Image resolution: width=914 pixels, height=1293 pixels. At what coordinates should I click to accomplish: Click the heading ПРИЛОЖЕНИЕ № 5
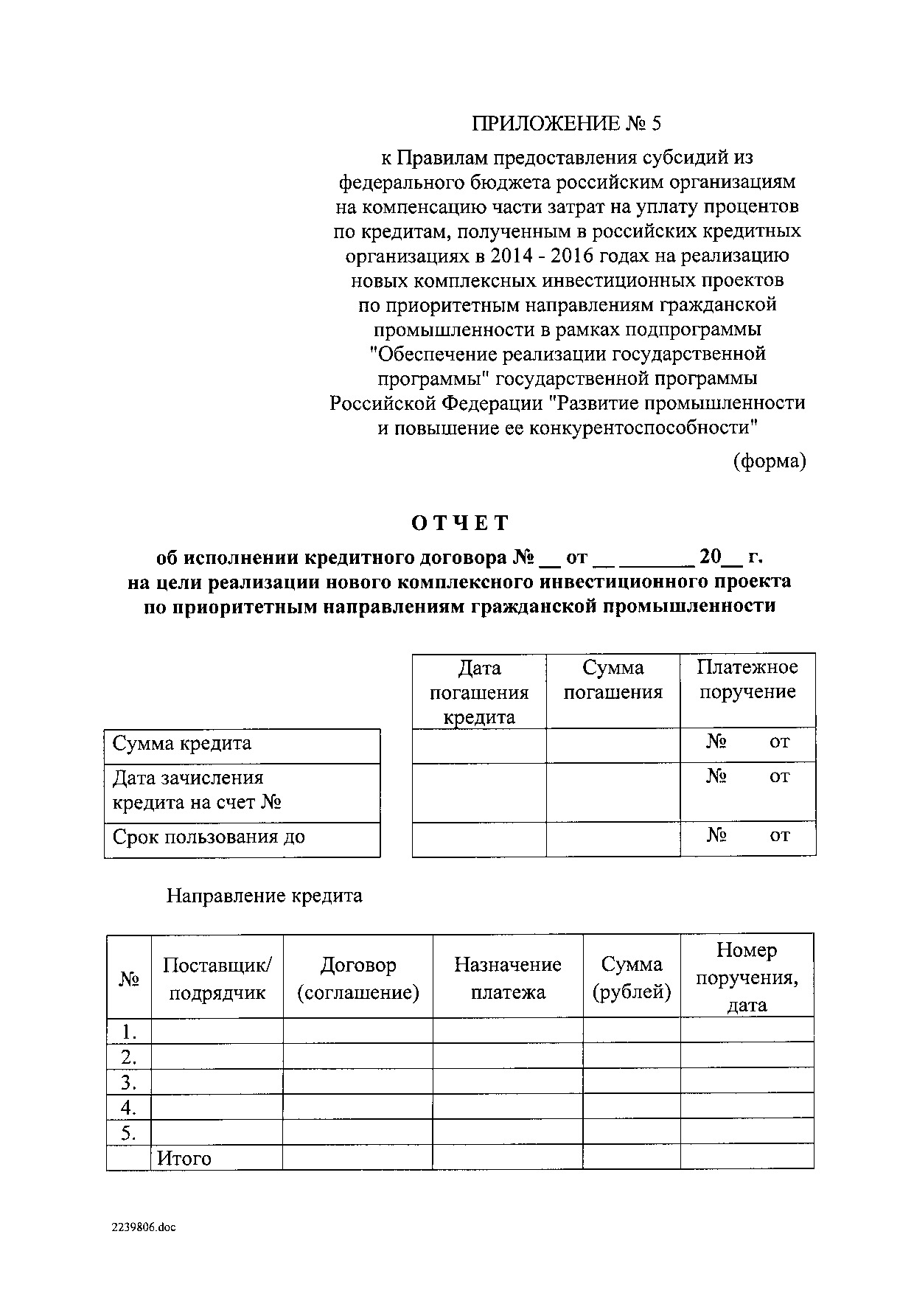566,124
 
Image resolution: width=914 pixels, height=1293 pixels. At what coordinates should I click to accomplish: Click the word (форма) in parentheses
769,461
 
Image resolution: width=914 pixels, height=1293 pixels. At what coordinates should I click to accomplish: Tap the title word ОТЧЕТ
460,523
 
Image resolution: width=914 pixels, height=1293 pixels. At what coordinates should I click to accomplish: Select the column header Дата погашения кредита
479,692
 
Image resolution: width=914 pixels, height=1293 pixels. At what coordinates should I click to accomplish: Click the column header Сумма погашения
613,680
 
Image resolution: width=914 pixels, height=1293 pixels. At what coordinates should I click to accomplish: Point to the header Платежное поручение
747,679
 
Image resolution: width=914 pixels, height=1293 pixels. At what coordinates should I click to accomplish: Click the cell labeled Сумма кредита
182,744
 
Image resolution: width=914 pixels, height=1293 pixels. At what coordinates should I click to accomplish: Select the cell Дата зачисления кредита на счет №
197,790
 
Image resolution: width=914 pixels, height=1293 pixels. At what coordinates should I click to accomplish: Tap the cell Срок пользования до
209,837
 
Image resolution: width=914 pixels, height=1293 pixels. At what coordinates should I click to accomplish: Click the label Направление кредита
264,896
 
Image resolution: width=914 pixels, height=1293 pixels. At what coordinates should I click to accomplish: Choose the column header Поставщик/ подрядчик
217,978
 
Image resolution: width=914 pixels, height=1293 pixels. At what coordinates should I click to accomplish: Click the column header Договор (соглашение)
358,978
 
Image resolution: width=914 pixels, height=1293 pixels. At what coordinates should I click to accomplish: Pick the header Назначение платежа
507,978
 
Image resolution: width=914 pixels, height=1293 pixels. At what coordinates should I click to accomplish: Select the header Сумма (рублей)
632,978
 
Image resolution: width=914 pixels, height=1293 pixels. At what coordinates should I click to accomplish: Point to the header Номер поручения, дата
747,977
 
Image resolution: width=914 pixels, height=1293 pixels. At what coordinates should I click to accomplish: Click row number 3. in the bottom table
130,1083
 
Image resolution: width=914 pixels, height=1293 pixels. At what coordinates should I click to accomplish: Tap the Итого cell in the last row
184,1158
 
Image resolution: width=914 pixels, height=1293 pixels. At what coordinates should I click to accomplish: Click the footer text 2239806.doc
144,1228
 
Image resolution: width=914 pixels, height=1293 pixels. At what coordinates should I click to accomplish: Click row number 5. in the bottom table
130,1133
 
